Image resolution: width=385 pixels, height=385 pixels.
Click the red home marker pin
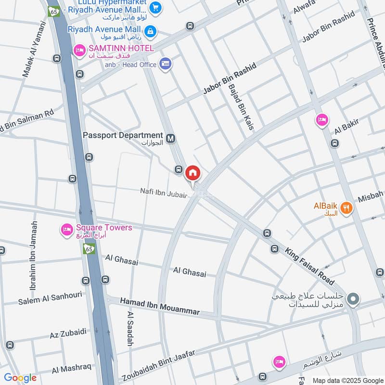click(192, 173)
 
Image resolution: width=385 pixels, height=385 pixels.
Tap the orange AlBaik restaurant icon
click(346, 208)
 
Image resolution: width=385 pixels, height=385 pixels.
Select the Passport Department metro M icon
click(170, 139)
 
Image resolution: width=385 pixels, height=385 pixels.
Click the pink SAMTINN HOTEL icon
click(79, 50)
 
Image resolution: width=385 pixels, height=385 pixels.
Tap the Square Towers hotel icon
click(66, 230)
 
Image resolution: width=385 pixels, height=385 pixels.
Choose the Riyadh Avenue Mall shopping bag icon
click(151, 31)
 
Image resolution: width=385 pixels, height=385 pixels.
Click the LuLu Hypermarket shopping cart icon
click(155, 7)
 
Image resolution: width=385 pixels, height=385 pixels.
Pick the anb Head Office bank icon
click(166, 64)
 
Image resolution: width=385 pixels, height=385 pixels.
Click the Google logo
click(20, 378)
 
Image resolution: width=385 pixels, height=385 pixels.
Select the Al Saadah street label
click(129, 329)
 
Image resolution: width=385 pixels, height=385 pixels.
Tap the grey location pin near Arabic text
click(353, 300)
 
